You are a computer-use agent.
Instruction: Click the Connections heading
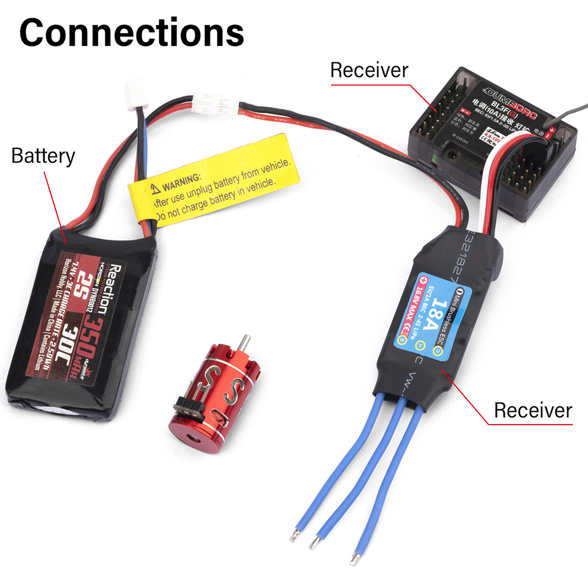[132, 33]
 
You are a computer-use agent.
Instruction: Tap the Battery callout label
[43, 156]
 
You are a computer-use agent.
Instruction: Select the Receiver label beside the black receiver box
[369, 70]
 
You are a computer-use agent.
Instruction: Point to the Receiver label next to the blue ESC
[532, 410]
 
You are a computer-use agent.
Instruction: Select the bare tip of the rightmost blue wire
[356, 553]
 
